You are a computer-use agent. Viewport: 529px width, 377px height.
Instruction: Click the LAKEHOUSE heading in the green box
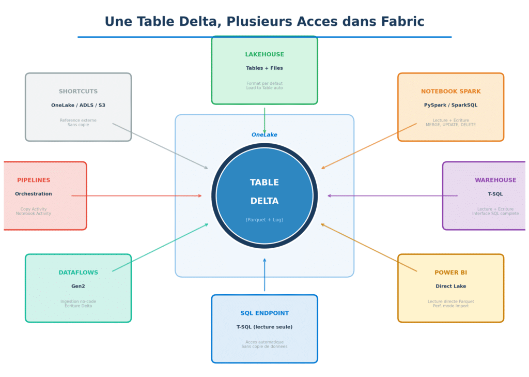[264, 55]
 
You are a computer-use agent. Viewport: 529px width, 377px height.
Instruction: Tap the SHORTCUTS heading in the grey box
[78, 92]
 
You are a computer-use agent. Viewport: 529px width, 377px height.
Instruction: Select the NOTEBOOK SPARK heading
[450, 92]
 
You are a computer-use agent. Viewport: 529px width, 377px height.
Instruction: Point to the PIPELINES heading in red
[34, 180]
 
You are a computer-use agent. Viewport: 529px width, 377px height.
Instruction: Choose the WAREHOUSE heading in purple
[495, 180]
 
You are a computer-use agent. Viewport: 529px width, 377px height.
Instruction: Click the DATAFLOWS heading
[78, 273]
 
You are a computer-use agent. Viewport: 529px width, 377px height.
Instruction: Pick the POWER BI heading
[450, 273]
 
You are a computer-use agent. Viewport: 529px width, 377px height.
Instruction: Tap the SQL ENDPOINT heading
[264, 313]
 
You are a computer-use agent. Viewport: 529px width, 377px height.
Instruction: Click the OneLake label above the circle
[264, 135]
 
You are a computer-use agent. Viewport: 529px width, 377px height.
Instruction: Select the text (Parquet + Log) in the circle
[264, 220]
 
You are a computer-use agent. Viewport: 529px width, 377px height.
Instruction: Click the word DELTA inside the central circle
[264, 201]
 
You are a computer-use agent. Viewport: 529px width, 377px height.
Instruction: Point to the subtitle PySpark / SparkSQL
[450, 105]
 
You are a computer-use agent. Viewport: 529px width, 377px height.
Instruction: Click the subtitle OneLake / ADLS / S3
[78, 105]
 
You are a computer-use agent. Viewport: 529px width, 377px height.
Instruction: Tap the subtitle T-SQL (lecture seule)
[264, 327]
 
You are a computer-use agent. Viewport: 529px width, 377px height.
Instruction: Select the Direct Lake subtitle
[450, 286]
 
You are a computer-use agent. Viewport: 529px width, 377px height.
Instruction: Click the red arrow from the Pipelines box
[137, 196]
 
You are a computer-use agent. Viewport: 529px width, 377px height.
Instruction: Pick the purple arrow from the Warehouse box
[393, 196]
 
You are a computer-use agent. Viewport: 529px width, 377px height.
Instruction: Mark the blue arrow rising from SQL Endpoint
[264, 275]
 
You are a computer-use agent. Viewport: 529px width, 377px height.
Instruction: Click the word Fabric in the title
[402, 22]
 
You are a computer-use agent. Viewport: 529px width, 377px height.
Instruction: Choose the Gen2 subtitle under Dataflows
[78, 286]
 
